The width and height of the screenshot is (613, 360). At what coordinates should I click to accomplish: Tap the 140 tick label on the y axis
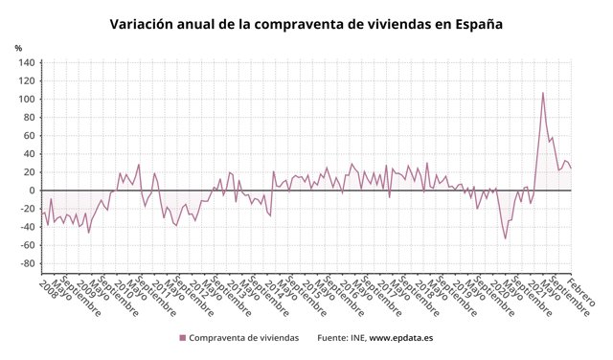click(26, 63)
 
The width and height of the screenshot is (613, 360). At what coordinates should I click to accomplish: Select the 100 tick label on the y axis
click(26, 100)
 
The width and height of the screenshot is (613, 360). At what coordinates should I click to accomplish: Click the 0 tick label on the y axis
click(32, 191)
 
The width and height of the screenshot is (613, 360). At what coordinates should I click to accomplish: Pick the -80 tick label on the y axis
click(26, 263)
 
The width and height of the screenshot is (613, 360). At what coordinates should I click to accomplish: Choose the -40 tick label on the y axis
click(26, 227)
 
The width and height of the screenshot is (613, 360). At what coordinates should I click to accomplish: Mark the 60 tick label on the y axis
click(29, 136)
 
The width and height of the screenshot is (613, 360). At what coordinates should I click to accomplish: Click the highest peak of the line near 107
click(543, 93)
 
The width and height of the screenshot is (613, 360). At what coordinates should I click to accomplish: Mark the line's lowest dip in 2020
click(506, 238)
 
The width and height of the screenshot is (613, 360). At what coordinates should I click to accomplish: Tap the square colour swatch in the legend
click(182, 338)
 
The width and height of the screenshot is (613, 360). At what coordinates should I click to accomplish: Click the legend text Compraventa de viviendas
click(243, 338)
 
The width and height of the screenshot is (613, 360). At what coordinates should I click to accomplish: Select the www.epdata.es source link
click(403, 338)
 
